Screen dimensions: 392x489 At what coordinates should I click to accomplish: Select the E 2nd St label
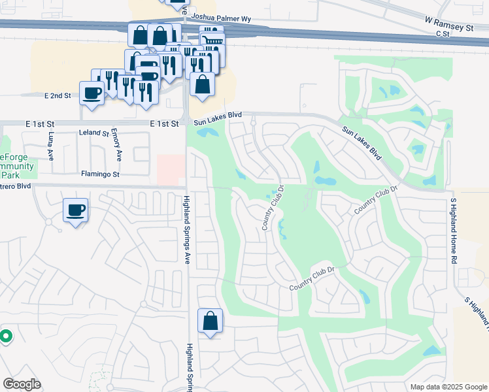coord(58,95)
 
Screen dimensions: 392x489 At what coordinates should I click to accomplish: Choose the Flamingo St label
coord(100,174)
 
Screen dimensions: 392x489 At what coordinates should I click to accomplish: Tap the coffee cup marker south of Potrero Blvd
coord(75,210)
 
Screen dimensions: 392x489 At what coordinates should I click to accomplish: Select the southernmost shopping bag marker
coord(210,321)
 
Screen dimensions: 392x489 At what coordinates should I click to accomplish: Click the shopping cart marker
coord(211,41)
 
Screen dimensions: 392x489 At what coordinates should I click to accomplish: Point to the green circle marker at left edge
coord(6,336)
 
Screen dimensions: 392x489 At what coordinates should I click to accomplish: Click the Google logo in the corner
coord(22,384)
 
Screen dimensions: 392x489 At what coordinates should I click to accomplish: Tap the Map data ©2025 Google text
coord(448,387)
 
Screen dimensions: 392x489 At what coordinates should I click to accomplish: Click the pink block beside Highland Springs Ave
coord(170,170)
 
